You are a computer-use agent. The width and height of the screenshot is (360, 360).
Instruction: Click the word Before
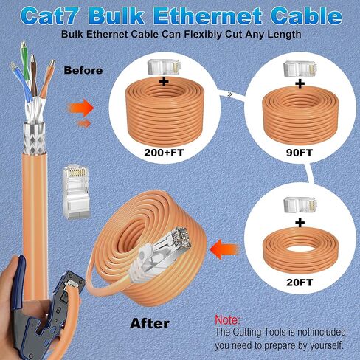[83, 72]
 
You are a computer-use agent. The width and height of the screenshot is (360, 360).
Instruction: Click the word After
[150, 323]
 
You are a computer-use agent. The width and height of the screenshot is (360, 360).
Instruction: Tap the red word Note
[227, 320]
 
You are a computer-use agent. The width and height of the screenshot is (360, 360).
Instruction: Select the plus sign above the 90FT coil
[299, 84]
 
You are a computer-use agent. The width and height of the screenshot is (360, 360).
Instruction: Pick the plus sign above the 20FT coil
[299, 221]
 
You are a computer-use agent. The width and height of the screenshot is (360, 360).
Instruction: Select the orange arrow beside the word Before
[83, 108]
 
